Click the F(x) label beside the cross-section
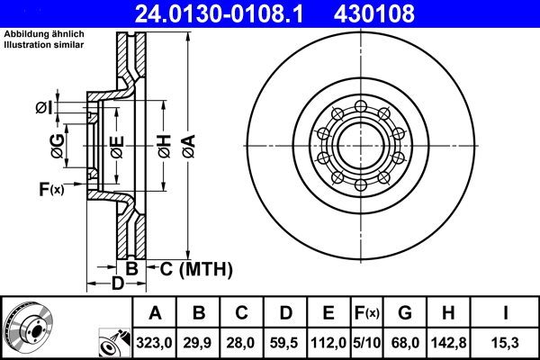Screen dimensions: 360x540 51,189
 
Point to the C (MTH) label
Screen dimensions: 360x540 196,268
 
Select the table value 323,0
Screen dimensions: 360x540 155,343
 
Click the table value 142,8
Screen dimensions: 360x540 447,343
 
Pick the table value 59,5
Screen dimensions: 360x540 284,343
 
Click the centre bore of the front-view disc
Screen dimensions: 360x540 360,147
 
